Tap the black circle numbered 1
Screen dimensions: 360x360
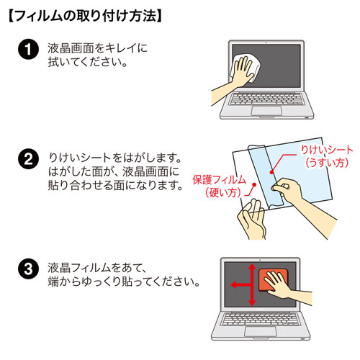(27, 52)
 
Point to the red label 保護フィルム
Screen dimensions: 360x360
(219, 179)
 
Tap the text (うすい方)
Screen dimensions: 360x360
(326, 163)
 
